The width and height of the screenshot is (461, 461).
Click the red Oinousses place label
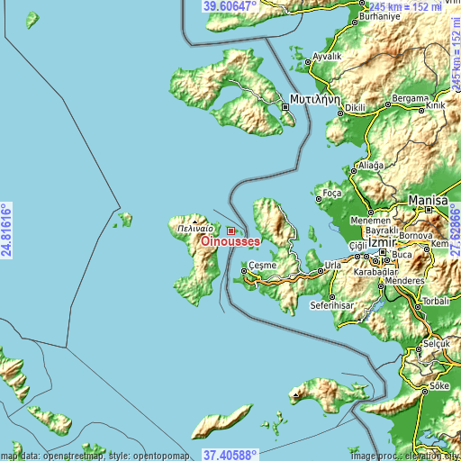pyautogui.click(x=231, y=242)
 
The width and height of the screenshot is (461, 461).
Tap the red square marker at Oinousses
pyautogui.click(x=231, y=231)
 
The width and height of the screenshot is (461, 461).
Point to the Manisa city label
pyautogui.click(x=428, y=200)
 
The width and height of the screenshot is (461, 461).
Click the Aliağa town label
pyautogui.click(x=371, y=166)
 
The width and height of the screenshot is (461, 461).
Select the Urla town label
pyautogui.click(x=333, y=266)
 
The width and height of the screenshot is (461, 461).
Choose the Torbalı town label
pyautogui.click(x=439, y=300)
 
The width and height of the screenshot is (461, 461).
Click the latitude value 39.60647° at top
pyautogui.click(x=230, y=6)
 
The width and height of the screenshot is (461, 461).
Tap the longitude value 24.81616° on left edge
pyautogui.click(x=6, y=230)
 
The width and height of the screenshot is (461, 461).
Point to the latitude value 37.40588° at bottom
pyautogui.click(x=230, y=455)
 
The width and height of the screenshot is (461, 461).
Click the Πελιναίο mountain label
pyautogui.click(x=195, y=229)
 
